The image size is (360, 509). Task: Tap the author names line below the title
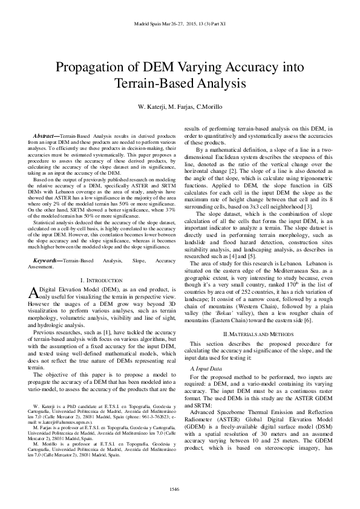pos(180,108)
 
